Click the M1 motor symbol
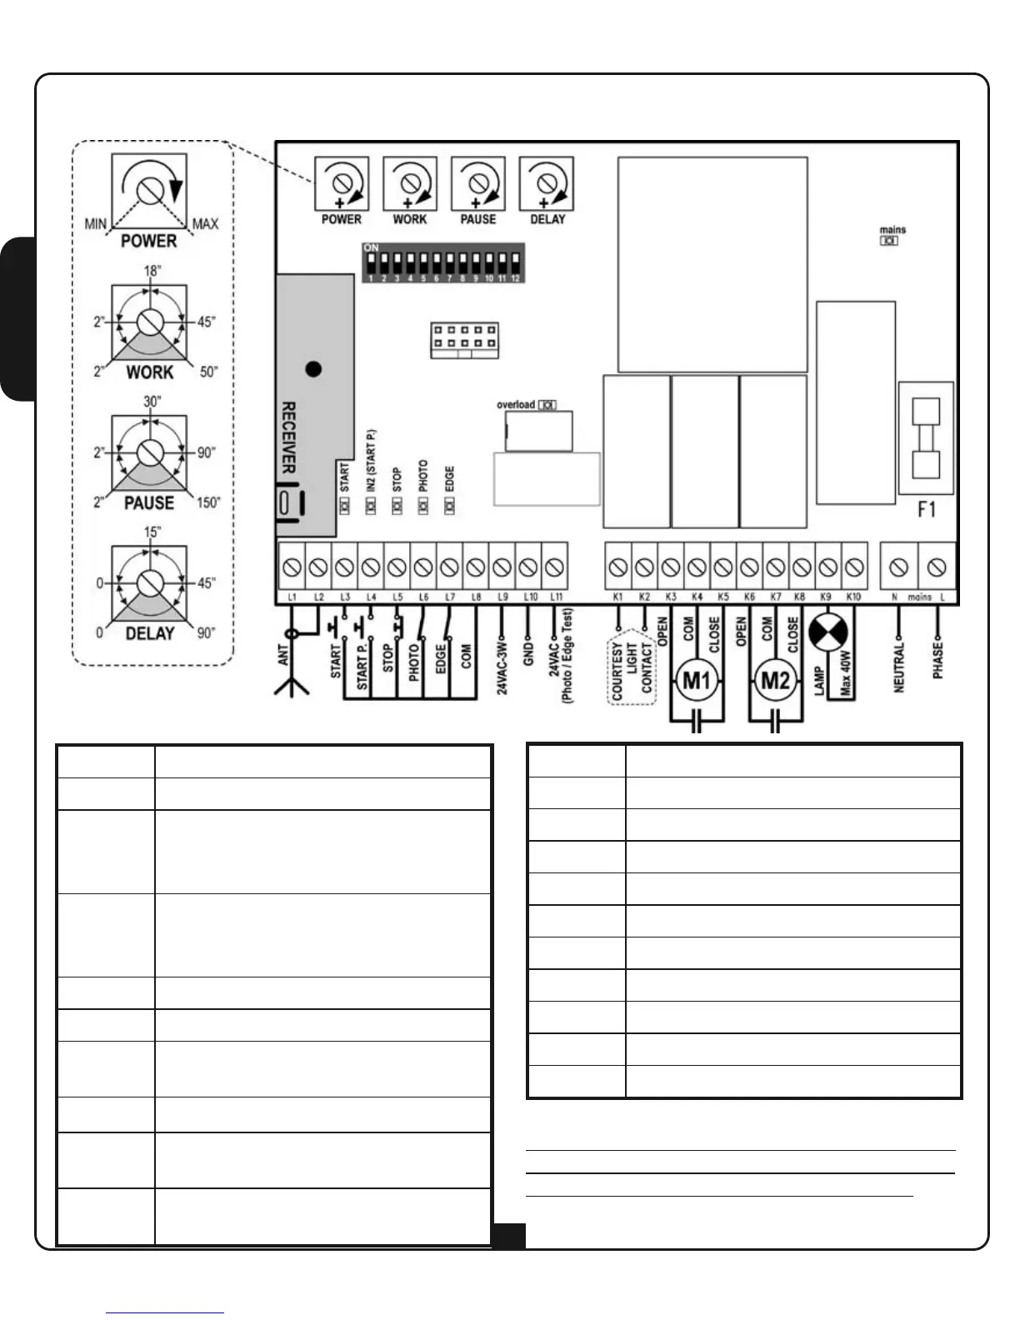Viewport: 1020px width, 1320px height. click(696, 682)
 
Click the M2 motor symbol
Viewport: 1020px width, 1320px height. click(774, 682)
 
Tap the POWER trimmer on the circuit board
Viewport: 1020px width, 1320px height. click(341, 182)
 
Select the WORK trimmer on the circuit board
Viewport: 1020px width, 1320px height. click(409, 182)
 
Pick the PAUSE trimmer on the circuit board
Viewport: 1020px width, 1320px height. click(477, 182)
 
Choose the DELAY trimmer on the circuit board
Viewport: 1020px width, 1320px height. click(546, 182)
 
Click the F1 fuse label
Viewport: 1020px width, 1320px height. click(926, 508)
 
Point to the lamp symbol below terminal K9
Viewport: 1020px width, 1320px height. click(827, 632)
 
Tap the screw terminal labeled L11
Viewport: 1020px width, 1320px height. click(554, 567)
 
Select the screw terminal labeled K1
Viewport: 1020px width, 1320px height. click(617, 567)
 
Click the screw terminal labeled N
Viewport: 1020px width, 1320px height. click(898, 567)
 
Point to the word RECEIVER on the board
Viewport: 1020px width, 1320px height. click(288, 437)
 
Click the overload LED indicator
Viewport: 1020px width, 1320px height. click(547, 405)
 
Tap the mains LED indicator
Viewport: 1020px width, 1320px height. click(890, 241)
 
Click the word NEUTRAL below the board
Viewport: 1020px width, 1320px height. click(898, 667)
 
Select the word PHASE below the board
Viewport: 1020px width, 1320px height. click(938, 660)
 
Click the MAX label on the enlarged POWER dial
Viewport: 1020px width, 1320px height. click(205, 224)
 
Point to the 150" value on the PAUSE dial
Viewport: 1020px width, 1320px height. click(208, 502)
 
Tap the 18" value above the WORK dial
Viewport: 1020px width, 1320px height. click(152, 272)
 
